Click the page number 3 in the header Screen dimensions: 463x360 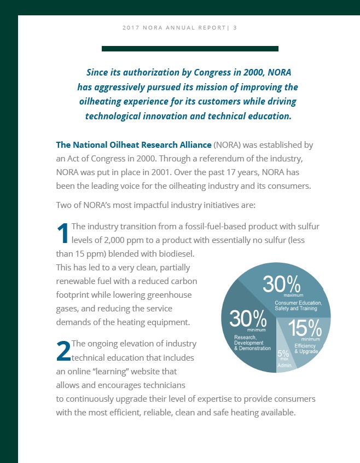(x=235, y=27)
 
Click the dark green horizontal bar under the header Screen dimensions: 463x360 (x=190, y=49)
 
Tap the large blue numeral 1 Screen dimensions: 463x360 (x=63, y=233)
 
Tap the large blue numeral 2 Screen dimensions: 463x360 (x=63, y=351)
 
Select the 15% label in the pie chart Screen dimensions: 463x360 (x=305, y=328)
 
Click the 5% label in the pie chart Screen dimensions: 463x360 (x=283, y=354)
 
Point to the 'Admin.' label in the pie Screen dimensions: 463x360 (x=285, y=365)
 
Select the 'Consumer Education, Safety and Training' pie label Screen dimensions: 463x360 (x=298, y=306)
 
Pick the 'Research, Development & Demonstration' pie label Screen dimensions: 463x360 (x=252, y=343)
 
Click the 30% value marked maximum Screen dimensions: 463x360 (x=282, y=284)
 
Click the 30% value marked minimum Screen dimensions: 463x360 (x=247, y=319)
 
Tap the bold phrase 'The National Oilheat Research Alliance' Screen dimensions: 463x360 (x=133, y=145)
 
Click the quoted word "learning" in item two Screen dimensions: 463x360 (x=127, y=371)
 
